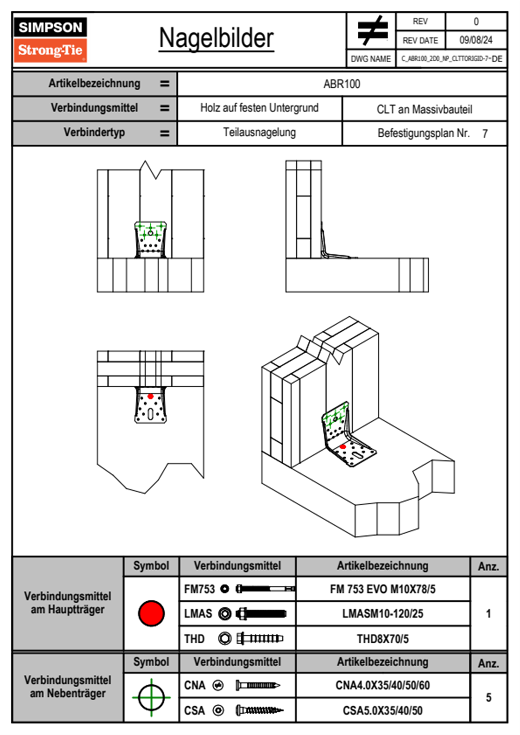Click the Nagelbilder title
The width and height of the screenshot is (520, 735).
click(x=216, y=38)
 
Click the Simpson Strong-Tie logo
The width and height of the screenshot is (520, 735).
click(x=50, y=40)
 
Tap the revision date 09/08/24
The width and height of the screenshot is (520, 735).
click(x=475, y=40)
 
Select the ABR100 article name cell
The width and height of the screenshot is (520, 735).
click(x=342, y=84)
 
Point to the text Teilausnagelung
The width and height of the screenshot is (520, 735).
click(x=259, y=132)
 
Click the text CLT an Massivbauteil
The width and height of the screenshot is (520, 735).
click(x=424, y=109)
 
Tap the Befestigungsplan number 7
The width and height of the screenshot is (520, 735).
click(x=485, y=134)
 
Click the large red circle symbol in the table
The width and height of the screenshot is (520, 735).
click(x=151, y=613)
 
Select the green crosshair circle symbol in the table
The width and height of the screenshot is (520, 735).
click(x=151, y=697)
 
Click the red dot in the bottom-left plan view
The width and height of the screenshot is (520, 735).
click(x=150, y=396)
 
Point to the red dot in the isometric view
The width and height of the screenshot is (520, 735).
click(x=343, y=447)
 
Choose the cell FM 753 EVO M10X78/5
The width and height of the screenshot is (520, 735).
click(x=382, y=589)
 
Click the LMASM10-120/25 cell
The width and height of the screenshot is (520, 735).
click(x=382, y=614)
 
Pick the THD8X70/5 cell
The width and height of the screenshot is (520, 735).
click(x=382, y=639)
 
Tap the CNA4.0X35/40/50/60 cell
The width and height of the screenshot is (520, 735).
click(x=382, y=685)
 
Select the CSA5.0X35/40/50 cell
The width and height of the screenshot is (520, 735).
click(x=382, y=711)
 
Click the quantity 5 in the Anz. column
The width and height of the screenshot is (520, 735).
click(x=489, y=697)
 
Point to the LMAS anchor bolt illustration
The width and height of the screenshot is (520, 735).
click(x=261, y=614)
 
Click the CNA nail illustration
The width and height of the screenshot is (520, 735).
click(x=258, y=685)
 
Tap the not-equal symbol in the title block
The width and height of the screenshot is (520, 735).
click(x=372, y=31)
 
